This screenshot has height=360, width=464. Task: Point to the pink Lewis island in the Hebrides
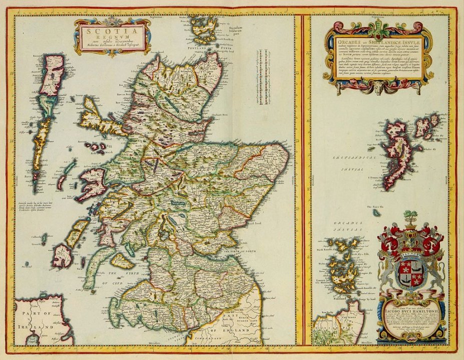(x=52, y=75)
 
